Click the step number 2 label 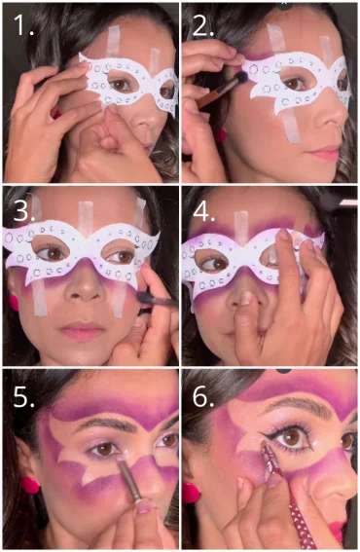click(202, 25)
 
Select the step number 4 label click(203, 209)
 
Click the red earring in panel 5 click(30, 484)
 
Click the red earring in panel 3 click(14, 303)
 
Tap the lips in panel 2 click(325, 155)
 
